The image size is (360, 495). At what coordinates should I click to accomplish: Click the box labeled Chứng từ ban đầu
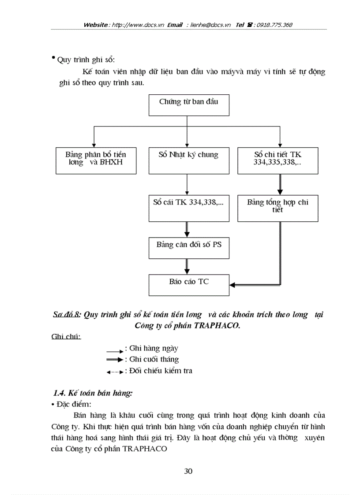click(x=188, y=104)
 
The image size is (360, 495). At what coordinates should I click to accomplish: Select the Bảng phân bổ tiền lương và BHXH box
click(x=96, y=160)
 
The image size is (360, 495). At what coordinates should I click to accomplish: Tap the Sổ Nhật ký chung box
click(x=188, y=160)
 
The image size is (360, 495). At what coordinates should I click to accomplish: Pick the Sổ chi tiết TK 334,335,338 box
click(x=278, y=160)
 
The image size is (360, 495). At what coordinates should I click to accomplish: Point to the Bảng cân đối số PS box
click(x=188, y=249)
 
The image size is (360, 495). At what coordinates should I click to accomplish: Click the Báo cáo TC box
click(x=188, y=285)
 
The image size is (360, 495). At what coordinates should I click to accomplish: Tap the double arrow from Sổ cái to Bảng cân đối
click(x=187, y=229)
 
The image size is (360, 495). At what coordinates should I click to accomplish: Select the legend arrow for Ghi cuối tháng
click(x=115, y=360)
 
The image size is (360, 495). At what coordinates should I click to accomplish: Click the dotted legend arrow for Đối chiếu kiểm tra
click(x=115, y=372)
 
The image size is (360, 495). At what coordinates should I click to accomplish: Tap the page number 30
click(x=188, y=471)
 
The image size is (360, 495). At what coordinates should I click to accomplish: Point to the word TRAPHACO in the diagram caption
click(x=215, y=326)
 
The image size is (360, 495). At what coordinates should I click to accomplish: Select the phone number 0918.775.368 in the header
click(x=273, y=25)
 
